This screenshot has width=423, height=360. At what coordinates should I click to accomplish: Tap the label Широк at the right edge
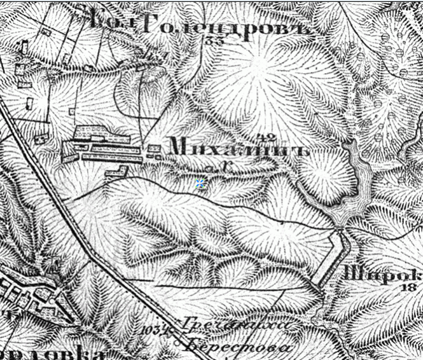click(382, 275)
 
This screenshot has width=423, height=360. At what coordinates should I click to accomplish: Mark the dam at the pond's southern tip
click(341, 224)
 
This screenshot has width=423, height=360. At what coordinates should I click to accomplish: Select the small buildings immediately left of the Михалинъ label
click(154, 151)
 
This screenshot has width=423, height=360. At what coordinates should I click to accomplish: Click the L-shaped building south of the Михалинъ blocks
click(116, 172)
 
